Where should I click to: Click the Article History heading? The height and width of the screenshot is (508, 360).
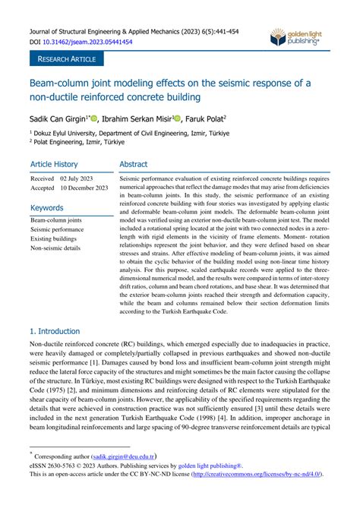coord(54,164)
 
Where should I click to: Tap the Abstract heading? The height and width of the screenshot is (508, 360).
coord(134,164)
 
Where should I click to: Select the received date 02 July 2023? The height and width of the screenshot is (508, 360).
coord(80,178)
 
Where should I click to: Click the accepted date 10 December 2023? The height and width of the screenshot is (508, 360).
coord(86,188)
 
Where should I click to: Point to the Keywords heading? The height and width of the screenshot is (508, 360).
coord(46,207)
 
